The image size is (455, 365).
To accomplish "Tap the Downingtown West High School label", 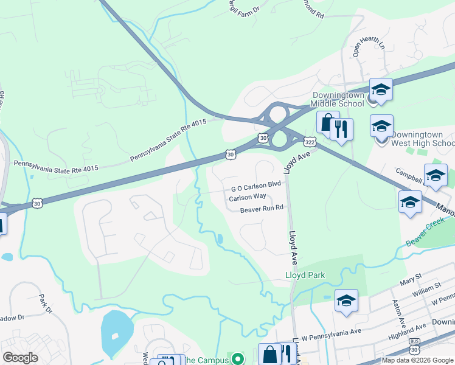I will pyautogui.click(x=422, y=139).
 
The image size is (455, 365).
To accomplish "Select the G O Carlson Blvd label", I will pyautogui.click(x=255, y=183).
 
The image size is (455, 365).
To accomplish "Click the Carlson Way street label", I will pyautogui.click(x=248, y=196).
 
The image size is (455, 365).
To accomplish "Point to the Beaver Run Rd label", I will pyautogui.click(x=262, y=208).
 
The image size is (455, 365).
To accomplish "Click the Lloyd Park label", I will pyautogui.click(x=305, y=275).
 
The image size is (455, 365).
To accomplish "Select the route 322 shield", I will pyautogui.click(x=310, y=141).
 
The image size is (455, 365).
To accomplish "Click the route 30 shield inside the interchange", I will pyautogui.click(x=262, y=138).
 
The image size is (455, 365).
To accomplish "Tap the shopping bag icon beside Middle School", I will pyautogui.click(x=327, y=123).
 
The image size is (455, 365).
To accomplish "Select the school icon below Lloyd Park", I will pyautogui.click(x=346, y=301).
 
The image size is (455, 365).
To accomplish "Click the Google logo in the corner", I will pyautogui.click(x=20, y=358).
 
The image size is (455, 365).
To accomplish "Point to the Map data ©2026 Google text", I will pyautogui.click(x=417, y=360).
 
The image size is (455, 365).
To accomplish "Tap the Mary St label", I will pyautogui.click(x=411, y=282).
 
